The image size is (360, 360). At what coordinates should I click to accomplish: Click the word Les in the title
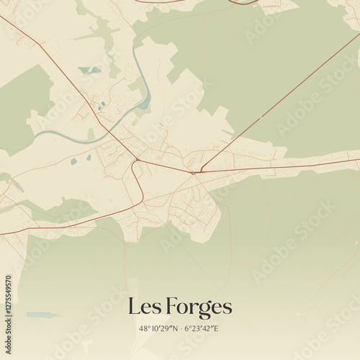(143, 307)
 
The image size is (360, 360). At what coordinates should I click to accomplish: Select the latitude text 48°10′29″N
(158, 329)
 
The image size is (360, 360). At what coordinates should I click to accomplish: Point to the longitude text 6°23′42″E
(203, 329)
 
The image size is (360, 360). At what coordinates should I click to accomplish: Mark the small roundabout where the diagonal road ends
(193, 172)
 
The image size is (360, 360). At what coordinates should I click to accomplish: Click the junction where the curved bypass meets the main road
(137, 159)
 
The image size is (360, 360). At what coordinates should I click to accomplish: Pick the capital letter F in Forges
(172, 307)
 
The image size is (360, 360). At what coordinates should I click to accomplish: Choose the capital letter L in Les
(134, 307)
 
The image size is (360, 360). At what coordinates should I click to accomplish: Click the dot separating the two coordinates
(181, 329)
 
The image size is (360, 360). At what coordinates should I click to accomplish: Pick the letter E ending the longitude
(217, 329)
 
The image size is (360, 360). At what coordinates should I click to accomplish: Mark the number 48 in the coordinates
(143, 329)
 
